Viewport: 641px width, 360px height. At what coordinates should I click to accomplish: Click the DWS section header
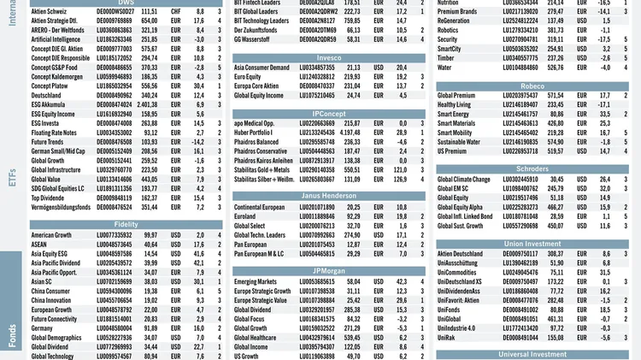tap(126, 3)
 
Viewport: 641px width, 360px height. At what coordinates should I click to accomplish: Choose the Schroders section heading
tap(532, 168)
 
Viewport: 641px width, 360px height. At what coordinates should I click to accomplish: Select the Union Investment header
tap(532, 244)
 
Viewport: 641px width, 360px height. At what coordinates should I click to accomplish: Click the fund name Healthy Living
tap(459, 104)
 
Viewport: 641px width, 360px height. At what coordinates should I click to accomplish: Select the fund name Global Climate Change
tap(464, 179)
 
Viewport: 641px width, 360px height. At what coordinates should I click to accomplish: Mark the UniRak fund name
tap(450, 337)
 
